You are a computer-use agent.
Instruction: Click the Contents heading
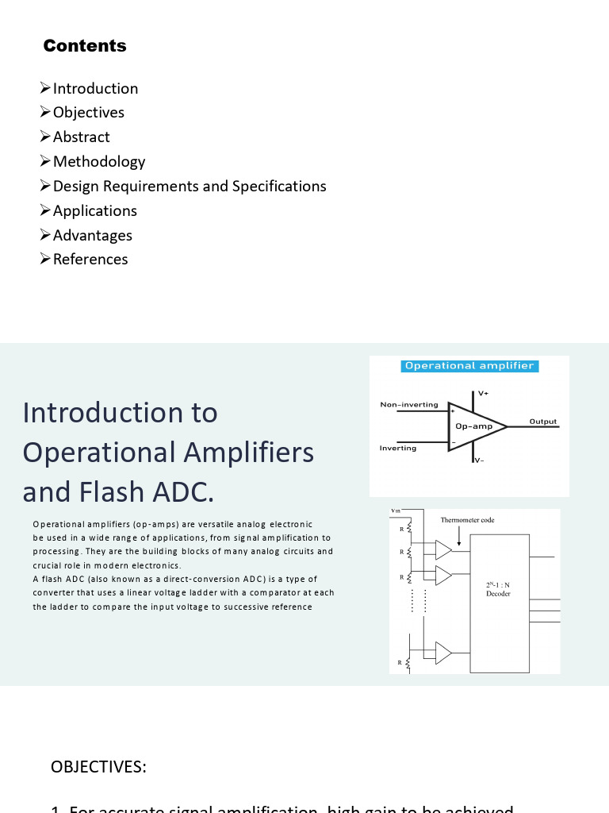click(x=85, y=46)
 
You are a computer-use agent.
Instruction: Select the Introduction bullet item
click(x=95, y=88)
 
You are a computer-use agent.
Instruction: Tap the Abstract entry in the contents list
click(x=81, y=137)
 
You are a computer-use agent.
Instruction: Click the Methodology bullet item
click(x=98, y=161)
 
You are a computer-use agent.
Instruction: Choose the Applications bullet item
click(x=94, y=210)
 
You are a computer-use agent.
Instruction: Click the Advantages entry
click(x=92, y=235)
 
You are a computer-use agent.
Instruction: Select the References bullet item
click(x=90, y=259)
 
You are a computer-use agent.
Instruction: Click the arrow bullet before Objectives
click(x=45, y=112)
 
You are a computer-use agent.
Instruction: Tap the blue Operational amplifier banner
click(x=469, y=366)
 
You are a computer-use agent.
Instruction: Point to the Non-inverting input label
click(x=409, y=405)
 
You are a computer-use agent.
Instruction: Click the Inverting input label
click(x=398, y=449)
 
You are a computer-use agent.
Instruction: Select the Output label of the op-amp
click(x=543, y=422)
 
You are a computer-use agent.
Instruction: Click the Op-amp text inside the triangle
click(x=474, y=426)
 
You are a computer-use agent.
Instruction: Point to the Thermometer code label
click(x=467, y=520)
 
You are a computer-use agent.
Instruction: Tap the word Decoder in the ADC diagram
click(x=499, y=594)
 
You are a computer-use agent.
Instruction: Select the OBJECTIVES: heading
click(x=98, y=766)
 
